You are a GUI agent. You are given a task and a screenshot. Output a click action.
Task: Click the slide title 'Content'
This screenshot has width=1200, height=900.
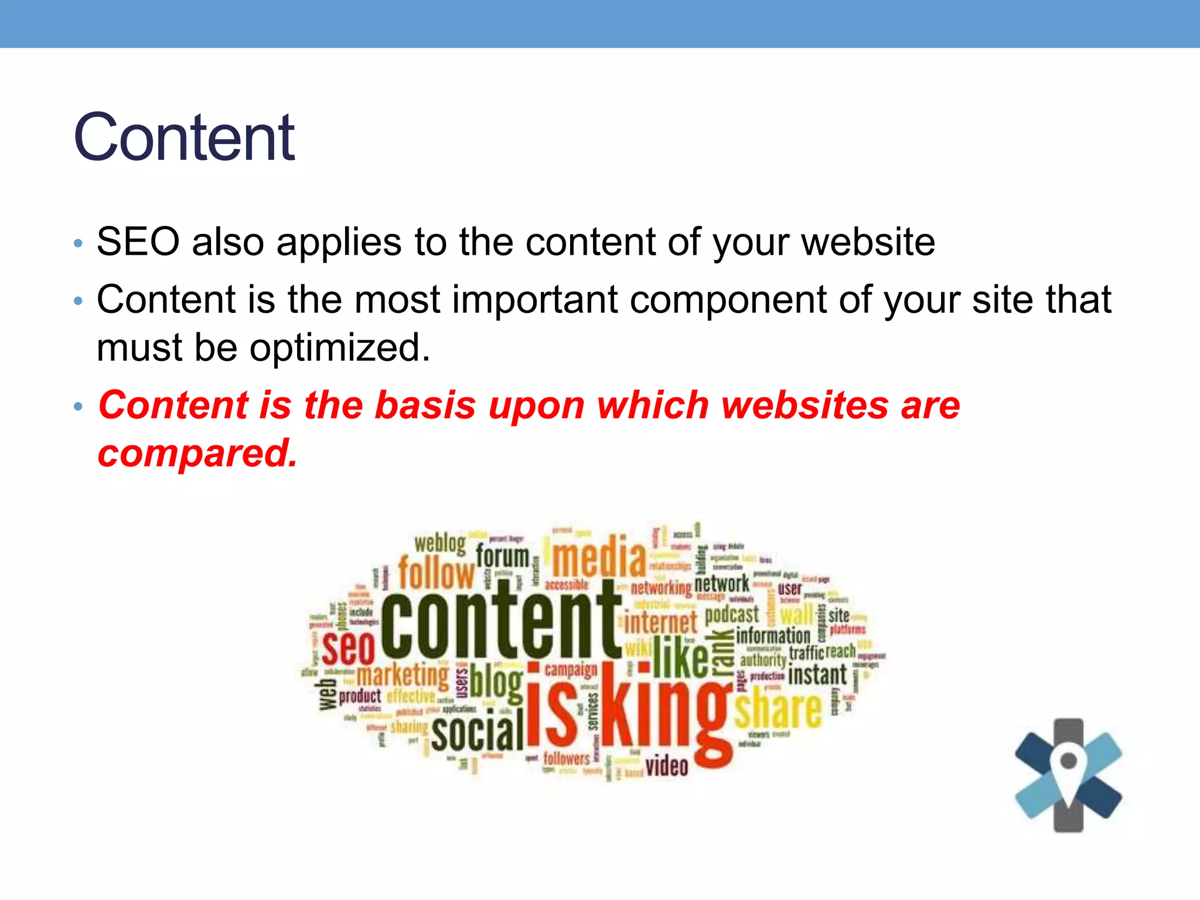click(x=184, y=137)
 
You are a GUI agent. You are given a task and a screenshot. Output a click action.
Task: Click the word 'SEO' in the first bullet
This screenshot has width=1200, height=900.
click(x=138, y=241)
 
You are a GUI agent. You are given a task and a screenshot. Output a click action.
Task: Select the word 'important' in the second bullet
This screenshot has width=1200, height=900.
click(x=535, y=299)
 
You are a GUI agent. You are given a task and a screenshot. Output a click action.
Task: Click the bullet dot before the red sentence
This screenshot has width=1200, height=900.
click(x=79, y=407)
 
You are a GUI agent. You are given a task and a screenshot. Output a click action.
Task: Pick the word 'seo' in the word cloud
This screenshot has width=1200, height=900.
click(x=348, y=647)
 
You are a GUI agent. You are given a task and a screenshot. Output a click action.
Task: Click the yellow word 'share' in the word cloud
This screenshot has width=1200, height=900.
click(x=778, y=710)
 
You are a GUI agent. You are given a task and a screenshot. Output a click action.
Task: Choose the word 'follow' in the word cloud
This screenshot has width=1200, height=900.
click(x=437, y=572)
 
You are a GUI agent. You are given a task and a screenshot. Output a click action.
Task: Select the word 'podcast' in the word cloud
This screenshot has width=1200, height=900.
click(x=732, y=615)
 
